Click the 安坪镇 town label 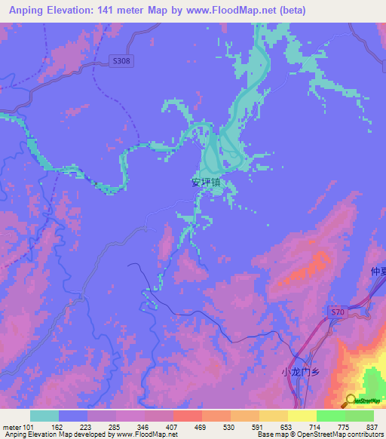(206, 182)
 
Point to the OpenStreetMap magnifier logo (351, 401)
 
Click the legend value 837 (373, 427)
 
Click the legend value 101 (27, 427)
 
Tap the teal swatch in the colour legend (44, 416)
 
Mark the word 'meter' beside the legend (11, 427)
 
